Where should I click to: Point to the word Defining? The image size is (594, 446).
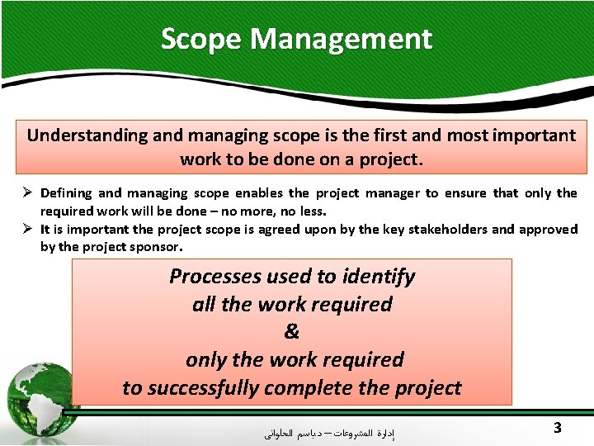point(66,193)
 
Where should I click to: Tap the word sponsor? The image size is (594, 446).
point(155,246)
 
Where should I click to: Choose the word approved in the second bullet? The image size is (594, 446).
point(549,230)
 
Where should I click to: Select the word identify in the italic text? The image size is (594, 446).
point(381,277)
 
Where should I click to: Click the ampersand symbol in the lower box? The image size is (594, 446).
point(292,332)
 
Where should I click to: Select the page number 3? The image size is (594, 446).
point(558,428)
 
